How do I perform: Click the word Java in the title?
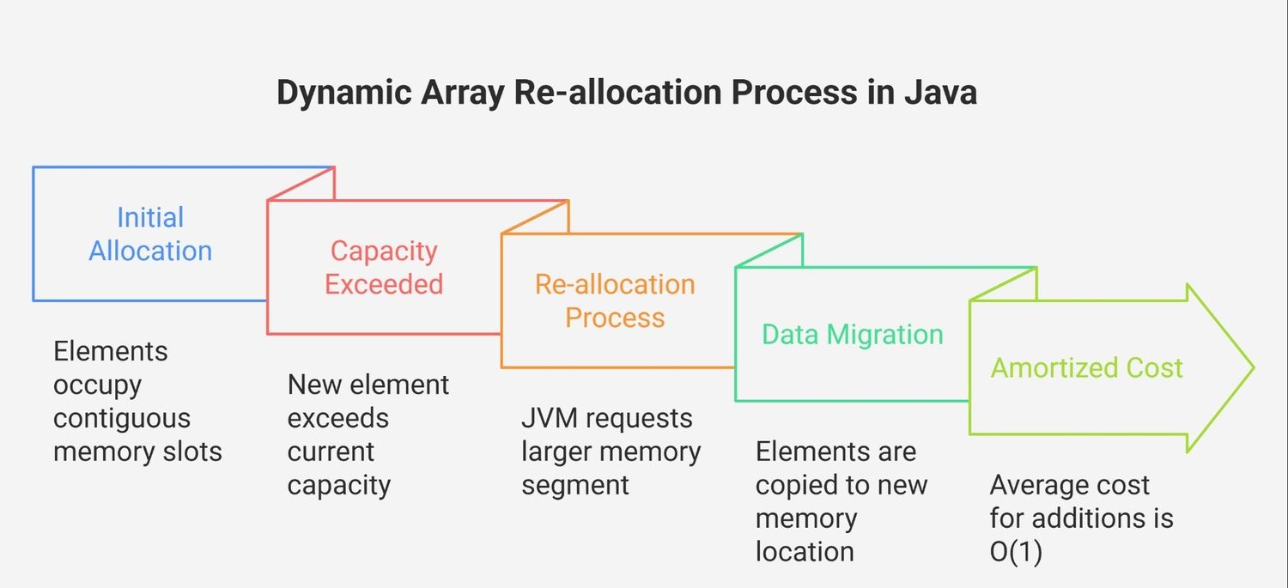tap(941, 92)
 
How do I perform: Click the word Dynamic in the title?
tap(343, 93)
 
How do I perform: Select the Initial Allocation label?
tap(150, 234)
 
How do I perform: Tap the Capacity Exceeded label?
tap(384, 267)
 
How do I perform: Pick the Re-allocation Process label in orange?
tap(616, 300)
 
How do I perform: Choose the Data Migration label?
tap(853, 334)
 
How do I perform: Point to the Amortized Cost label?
tap(1087, 368)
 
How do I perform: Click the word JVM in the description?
tap(550, 418)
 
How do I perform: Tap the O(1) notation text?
tap(1016, 552)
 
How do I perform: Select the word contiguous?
tap(122, 418)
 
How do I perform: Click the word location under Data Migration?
tap(805, 552)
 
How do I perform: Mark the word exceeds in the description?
tap(338, 418)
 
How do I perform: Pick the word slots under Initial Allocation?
tap(192, 452)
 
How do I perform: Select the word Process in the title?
tap(794, 92)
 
